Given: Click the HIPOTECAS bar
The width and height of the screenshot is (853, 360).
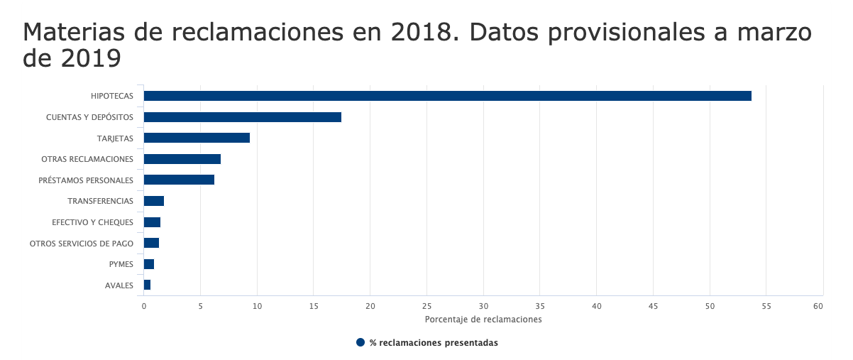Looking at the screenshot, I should pyautogui.click(x=447, y=96).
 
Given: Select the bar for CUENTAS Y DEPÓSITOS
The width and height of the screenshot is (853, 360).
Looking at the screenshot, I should pyautogui.click(x=242, y=117).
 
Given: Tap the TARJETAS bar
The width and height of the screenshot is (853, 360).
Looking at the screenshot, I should pyautogui.click(x=197, y=138).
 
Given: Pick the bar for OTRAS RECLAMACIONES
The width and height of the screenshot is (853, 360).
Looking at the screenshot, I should pyautogui.click(x=182, y=159).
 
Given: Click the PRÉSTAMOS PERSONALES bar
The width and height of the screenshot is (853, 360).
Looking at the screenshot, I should pyautogui.click(x=179, y=180).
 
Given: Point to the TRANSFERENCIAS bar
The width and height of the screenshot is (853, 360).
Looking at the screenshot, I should pyautogui.click(x=153, y=201).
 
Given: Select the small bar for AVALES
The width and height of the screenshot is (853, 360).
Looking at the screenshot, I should pyautogui.click(x=147, y=285).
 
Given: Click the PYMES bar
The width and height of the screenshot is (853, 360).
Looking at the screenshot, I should pyautogui.click(x=148, y=264).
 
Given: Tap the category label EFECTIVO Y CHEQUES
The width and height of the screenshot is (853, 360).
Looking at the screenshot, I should pyautogui.click(x=92, y=222).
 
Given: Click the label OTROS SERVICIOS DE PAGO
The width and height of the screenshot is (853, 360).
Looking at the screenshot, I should pyautogui.click(x=81, y=244).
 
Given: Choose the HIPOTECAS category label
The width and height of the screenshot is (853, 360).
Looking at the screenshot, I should pyautogui.click(x=111, y=96).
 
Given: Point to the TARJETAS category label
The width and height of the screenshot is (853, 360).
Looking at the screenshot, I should pyautogui.click(x=115, y=138).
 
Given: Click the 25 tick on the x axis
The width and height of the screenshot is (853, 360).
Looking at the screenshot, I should pyautogui.click(x=426, y=306).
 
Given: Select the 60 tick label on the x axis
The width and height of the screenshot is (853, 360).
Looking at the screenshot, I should pyautogui.click(x=818, y=306).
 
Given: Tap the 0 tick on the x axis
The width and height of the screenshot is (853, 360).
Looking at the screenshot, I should pyautogui.click(x=144, y=306).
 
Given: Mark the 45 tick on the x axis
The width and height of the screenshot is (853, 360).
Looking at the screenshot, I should pyautogui.click(x=653, y=306).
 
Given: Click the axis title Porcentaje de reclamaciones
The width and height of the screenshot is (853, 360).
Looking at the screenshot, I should pyautogui.click(x=483, y=320).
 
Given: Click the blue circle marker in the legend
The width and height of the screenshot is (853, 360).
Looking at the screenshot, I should pyautogui.click(x=361, y=343).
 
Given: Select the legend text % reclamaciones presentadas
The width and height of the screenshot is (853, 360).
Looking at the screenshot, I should pyautogui.click(x=434, y=343).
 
